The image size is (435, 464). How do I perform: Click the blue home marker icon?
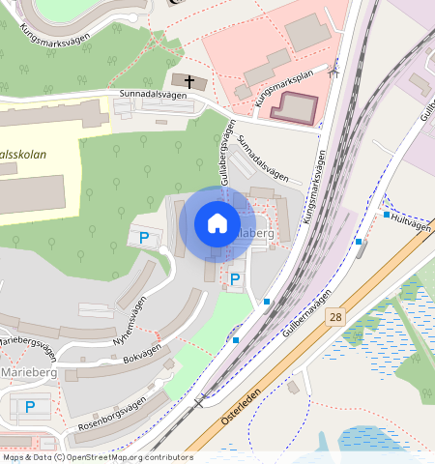pyautogui.click(x=217, y=223)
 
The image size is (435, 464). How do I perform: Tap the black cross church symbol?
pyautogui.click(x=189, y=81)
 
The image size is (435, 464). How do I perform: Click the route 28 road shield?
pyautogui.click(x=335, y=316)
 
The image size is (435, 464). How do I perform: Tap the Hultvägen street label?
pyautogui.click(x=412, y=222)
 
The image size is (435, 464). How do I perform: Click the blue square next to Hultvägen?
pyautogui.click(x=387, y=216)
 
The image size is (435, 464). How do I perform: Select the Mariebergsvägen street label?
pyautogui.click(x=25, y=343)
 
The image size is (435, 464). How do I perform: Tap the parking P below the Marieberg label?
pyautogui.click(x=30, y=407)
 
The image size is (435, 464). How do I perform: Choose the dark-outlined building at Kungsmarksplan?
pyautogui.click(x=294, y=107)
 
